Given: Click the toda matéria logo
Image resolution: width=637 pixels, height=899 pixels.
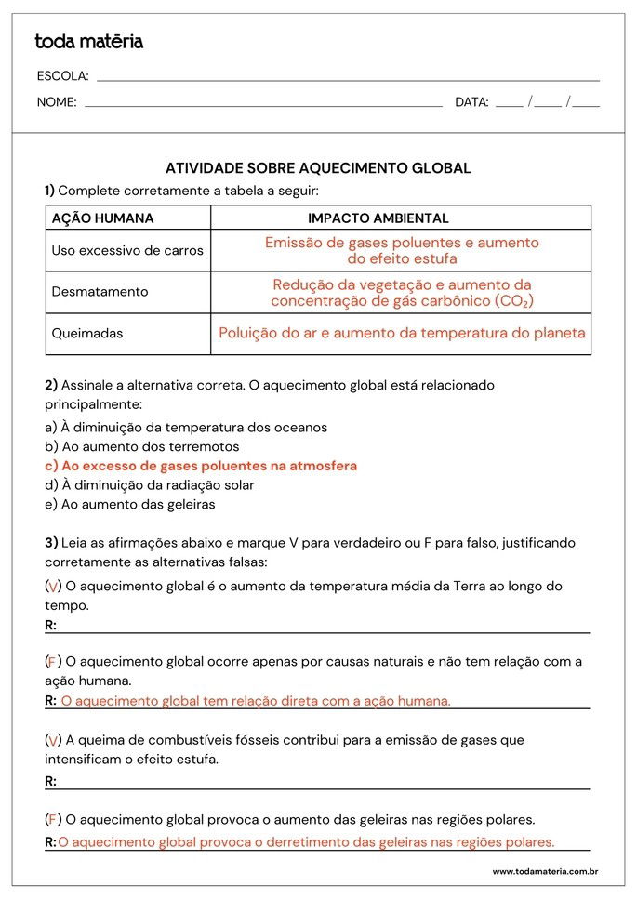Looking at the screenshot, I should tap(89, 42).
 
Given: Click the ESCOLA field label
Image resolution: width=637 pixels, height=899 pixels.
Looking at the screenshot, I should tap(62, 76).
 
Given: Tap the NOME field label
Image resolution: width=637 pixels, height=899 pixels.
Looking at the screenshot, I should tap(57, 102).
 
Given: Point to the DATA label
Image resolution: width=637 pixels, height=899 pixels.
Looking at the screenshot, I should tap(471, 102).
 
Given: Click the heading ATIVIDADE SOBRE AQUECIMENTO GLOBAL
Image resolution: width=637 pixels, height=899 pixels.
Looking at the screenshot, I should tap(318, 168).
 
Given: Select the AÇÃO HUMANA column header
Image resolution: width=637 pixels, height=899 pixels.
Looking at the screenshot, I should tap(103, 218).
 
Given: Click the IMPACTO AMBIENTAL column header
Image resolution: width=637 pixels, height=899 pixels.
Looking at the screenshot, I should tap(378, 218).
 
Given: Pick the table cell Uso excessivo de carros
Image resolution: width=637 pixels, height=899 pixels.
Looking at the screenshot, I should tap(127, 251).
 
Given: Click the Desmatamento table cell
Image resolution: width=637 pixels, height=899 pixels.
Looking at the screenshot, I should tap(100, 292).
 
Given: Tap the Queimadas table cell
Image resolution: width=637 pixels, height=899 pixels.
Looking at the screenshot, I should tap(87, 333).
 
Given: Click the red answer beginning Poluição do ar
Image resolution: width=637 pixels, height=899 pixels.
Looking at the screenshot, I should tap(402, 333).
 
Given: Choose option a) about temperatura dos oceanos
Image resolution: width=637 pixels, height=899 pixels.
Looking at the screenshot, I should tap(186, 428).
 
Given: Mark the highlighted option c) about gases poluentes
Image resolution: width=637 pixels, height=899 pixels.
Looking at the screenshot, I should tap(201, 466).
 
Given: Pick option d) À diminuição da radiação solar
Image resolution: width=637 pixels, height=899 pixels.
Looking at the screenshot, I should tap(150, 485).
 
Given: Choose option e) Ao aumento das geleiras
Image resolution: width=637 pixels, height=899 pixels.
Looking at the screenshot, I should tap(130, 505).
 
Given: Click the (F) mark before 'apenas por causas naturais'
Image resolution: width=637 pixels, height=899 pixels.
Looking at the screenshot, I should tap(53, 661).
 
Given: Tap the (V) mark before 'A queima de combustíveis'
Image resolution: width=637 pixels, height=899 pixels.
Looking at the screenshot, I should tap(53, 740).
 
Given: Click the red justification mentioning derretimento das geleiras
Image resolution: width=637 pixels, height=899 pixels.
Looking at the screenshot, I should tap(306, 842).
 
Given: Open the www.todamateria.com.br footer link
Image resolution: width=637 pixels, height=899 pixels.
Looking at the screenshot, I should tap(544, 871).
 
